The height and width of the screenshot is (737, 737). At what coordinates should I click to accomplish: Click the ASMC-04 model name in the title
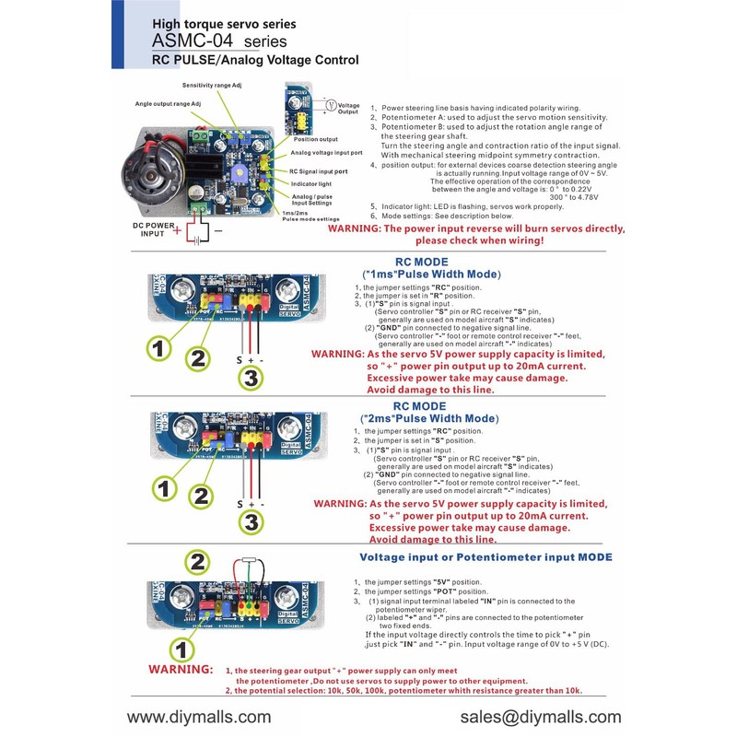193,41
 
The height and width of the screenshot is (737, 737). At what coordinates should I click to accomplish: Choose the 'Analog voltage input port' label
327,153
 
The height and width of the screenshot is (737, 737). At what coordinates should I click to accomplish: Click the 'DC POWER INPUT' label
139,228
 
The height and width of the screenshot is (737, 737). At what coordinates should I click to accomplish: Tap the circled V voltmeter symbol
329,105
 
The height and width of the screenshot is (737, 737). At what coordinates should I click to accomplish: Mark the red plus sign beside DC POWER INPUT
177,230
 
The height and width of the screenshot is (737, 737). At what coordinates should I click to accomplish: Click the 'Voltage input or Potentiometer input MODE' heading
485,557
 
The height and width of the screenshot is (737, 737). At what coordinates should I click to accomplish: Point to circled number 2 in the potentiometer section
196,561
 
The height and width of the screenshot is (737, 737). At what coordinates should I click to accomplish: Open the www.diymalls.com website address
199,717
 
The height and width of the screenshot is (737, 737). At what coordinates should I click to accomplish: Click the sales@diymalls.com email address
538,717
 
